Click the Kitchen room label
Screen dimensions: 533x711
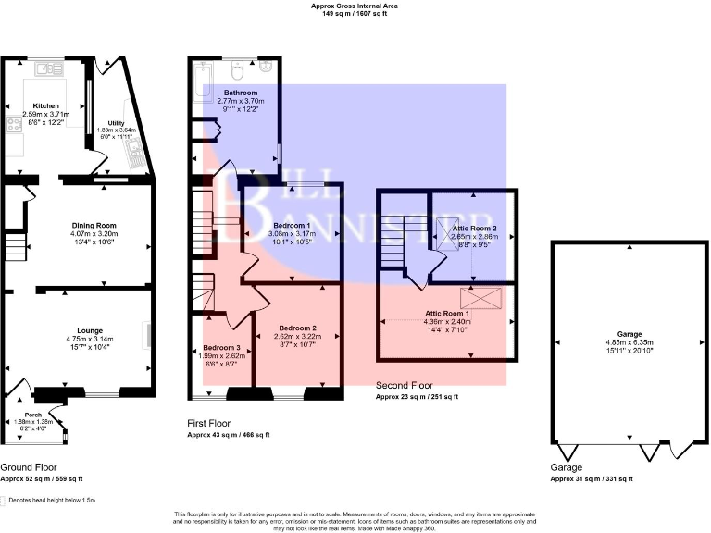pos(46,105)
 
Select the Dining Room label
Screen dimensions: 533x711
pos(94,225)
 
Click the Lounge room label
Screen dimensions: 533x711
pos(91,330)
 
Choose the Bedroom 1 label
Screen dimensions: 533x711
pos(292,225)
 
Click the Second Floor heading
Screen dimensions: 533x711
pos(405,385)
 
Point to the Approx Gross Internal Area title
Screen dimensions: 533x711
pos(355,6)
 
